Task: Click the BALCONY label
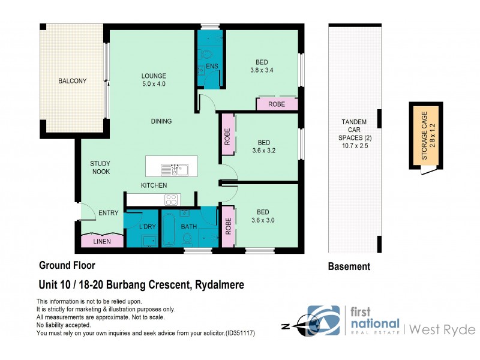click(72, 81)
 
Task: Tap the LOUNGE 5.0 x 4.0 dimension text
click(154, 84)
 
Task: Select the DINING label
click(161, 121)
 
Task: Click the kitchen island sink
click(178, 170)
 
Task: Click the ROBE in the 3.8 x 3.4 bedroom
click(277, 104)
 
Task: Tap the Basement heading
click(349, 266)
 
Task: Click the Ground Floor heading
click(67, 265)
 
